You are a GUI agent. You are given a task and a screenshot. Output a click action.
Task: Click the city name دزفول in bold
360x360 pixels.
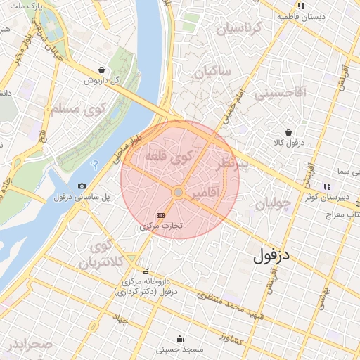click(271, 256)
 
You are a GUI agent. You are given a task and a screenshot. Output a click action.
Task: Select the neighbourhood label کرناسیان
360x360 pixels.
click(238, 29)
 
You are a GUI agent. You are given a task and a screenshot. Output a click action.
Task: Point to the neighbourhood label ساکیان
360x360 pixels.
click(213, 71)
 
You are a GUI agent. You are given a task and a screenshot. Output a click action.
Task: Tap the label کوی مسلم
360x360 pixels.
click(77, 109)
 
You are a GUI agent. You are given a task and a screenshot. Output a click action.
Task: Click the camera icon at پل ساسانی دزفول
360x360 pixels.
click(82, 186)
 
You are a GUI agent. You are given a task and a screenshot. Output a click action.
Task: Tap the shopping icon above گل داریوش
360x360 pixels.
click(103, 70)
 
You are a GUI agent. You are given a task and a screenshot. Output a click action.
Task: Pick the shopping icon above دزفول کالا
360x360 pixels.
click(288, 132)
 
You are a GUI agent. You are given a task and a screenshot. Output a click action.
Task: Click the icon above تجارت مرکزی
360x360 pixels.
click(160, 215)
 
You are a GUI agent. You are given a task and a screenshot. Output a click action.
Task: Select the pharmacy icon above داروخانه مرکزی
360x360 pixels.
click(146, 271)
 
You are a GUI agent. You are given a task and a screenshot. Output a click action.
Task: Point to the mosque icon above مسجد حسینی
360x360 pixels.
click(179, 338)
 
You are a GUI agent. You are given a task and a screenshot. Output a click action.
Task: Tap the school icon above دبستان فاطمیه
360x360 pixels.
click(300, 5)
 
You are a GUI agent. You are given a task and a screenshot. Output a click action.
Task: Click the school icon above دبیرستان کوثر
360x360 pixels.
click(327, 186)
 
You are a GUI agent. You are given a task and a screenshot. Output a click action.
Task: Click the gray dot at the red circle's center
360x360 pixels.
click(179, 192)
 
